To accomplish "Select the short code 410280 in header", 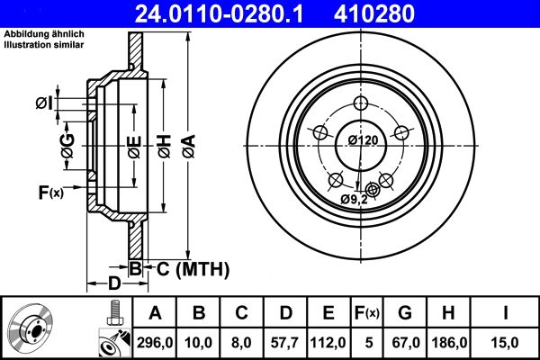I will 402,13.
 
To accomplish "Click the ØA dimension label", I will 187,142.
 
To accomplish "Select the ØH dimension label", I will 163,142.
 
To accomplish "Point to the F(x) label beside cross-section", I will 50,191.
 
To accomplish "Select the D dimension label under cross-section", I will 114,283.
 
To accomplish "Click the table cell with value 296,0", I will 154,342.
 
